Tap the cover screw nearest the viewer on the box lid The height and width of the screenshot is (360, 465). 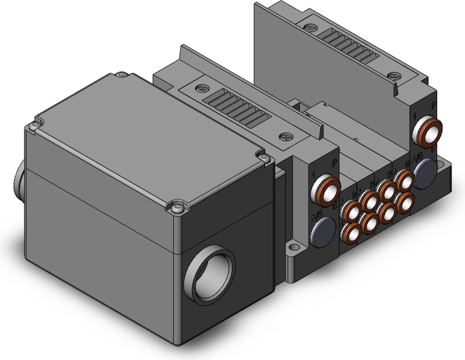point(178,205)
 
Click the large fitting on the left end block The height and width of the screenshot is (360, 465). point(326,190)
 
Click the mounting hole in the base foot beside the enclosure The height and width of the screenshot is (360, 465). point(291,252)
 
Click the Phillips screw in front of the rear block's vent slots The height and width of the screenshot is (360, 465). point(396,77)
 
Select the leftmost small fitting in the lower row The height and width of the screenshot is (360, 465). point(352,233)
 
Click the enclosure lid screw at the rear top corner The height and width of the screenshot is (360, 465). point(121,75)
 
